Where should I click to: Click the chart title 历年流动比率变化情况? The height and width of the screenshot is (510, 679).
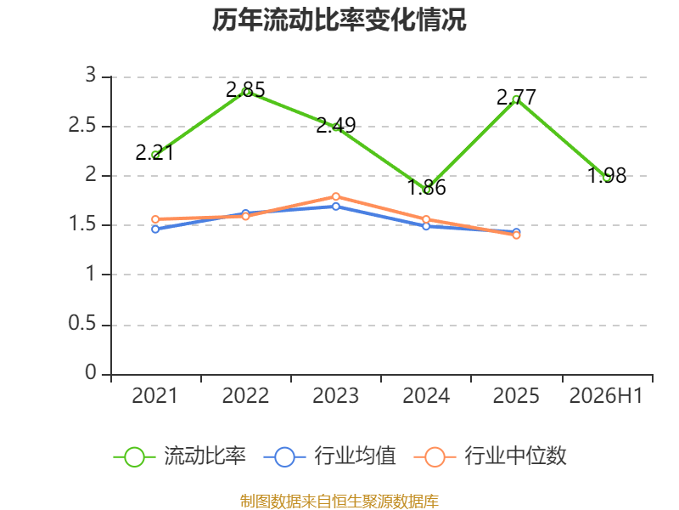339,20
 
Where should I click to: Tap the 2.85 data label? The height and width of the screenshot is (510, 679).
245,90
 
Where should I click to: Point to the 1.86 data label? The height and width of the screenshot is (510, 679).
427,187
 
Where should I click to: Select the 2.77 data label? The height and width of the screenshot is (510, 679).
516,97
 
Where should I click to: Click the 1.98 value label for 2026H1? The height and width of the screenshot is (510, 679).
607,176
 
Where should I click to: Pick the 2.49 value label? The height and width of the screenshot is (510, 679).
335,125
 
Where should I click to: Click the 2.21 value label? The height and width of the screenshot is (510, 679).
154,153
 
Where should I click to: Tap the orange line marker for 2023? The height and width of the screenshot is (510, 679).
335,197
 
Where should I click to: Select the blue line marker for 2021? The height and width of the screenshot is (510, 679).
155,229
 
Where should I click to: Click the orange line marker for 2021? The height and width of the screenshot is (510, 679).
155,219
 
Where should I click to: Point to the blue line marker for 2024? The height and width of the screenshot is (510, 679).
426,226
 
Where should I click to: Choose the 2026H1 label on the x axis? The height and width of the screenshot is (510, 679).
606,396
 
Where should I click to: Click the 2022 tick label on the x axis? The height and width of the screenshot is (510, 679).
245,396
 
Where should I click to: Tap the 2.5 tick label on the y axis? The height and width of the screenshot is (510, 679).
82,126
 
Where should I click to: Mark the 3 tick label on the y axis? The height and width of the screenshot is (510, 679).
91,76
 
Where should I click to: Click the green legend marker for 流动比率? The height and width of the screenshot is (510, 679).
134,457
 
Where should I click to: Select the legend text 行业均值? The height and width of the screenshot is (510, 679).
355,456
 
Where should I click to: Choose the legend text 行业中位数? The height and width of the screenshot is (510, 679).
515,456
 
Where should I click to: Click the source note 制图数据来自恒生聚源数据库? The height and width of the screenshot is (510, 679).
339,501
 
